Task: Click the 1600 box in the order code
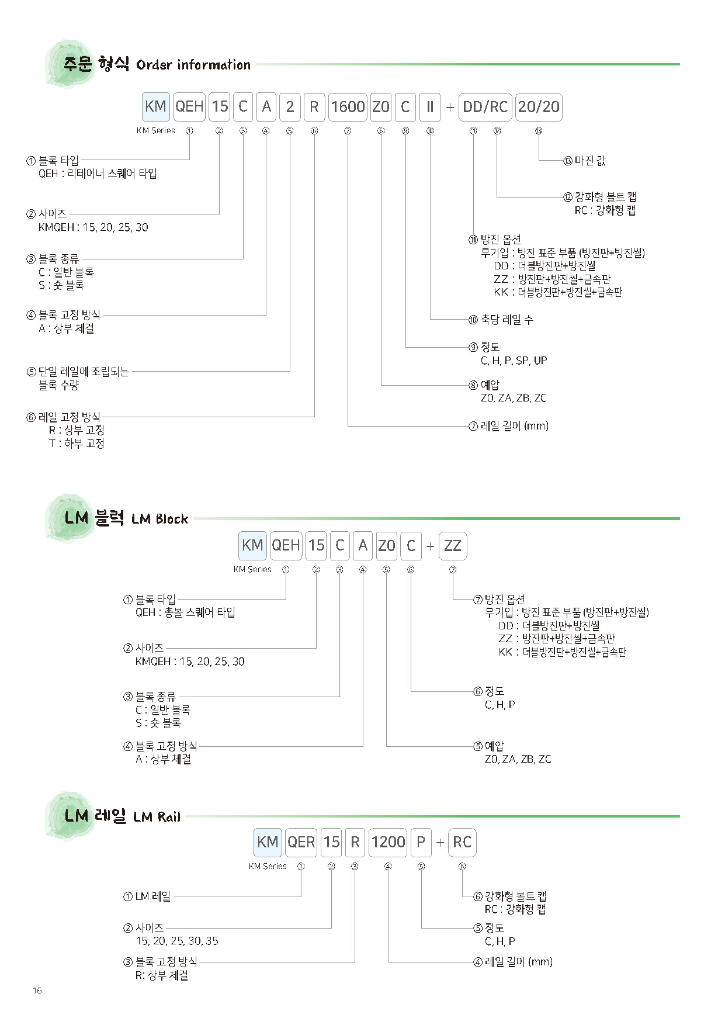(348, 107)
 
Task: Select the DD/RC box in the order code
(485, 107)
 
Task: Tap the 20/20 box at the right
(539, 107)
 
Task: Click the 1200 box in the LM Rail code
(388, 842)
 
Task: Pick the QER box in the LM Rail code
(301, 842)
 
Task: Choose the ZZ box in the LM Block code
(453, 546)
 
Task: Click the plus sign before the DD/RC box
(450, 108)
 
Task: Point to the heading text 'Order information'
(193, 65)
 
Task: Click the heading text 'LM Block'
(160, 519)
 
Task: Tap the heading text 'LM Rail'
(157, 816)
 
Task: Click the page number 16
(37, 991)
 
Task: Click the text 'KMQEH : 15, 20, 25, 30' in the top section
(93, 227)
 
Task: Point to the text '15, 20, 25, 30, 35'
(177, 941)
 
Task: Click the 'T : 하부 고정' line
(77, 444)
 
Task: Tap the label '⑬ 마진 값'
(585, 161)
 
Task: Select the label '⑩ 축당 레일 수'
(501, 320)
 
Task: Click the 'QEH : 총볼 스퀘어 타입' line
(185, 612)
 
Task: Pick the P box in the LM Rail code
(421, 842)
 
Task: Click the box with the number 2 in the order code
(290, 107)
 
